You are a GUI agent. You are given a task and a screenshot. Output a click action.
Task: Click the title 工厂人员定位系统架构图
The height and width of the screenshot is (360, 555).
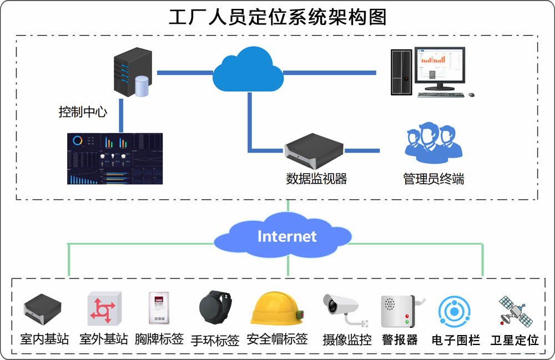[277, 17]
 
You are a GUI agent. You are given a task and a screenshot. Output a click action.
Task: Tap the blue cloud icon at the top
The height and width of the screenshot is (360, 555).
[248, 69]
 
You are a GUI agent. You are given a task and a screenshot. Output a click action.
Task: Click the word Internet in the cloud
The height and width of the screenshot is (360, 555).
[287, 237]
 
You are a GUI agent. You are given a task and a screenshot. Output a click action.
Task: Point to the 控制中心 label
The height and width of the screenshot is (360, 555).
[83, 111]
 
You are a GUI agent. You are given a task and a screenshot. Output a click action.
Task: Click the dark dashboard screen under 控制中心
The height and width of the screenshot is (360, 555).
[115, 159]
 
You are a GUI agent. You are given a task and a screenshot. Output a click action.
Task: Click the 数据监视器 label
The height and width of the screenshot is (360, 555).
[316, 179]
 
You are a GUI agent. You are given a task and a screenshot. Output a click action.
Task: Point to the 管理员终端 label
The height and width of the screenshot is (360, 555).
[433, 179]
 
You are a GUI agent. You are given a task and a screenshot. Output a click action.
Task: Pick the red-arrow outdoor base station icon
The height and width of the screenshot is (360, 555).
[103, 310]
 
